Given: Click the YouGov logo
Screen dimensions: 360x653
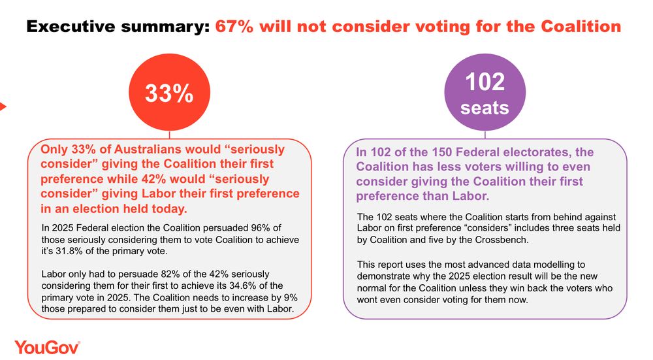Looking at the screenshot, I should point(47,347).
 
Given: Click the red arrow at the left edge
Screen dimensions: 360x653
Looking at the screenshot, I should point(3,106).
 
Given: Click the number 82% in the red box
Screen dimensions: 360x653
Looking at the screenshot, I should point(168,274).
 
